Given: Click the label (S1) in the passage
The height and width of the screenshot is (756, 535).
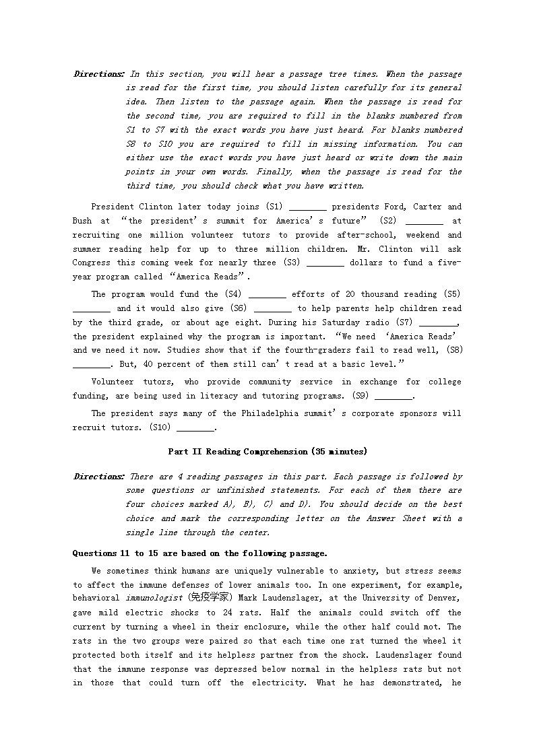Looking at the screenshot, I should point(274,207).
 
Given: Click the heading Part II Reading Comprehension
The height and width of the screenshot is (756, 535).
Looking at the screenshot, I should point(267,452).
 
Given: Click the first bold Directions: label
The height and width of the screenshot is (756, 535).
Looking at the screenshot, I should point(98,74).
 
